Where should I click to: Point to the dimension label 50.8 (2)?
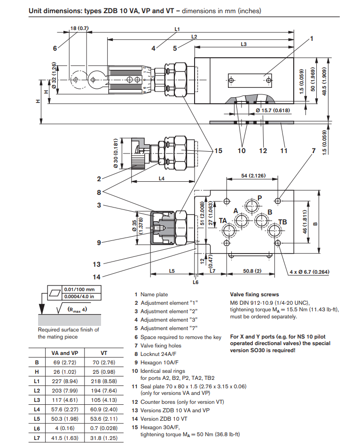[x=252, y=271]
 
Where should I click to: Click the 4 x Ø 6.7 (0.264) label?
[x=309, y=272]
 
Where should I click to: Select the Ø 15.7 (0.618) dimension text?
[x=273, y=110]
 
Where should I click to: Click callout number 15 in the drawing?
[x=218, y=151]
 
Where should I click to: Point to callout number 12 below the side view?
[x=263, y=151]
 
